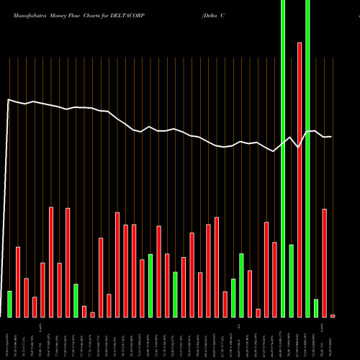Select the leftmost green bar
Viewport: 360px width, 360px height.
click(x=9, y=304)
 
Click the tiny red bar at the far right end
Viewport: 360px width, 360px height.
click(x=333, y=315)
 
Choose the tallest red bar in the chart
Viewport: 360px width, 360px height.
click(x=300, y=179)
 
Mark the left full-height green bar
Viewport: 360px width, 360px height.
click(x=283, y=158)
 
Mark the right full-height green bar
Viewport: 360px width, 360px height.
click(x=308, y=158)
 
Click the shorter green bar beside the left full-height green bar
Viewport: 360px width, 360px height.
click(x=292, y=281)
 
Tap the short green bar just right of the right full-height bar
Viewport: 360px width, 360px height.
click(x=316, y=308)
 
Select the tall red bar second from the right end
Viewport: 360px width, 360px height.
click(x=325, y=263)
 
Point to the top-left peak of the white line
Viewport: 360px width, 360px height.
click(x=8, y=100)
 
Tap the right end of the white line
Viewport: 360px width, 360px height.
click(x=331, y=136)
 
